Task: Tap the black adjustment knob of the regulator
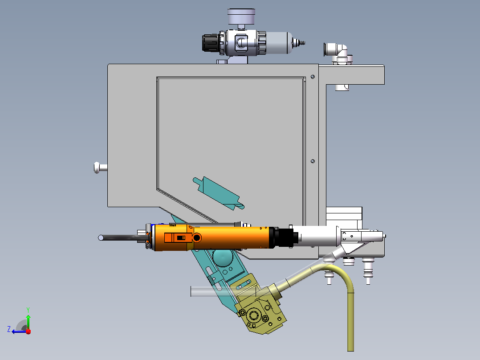point(211,43)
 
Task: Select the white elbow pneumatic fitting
point(338,53)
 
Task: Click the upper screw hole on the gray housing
point(313,77)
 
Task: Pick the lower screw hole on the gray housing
point(313,161)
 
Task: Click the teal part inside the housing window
point(218,193)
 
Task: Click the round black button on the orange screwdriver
point(196,237)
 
